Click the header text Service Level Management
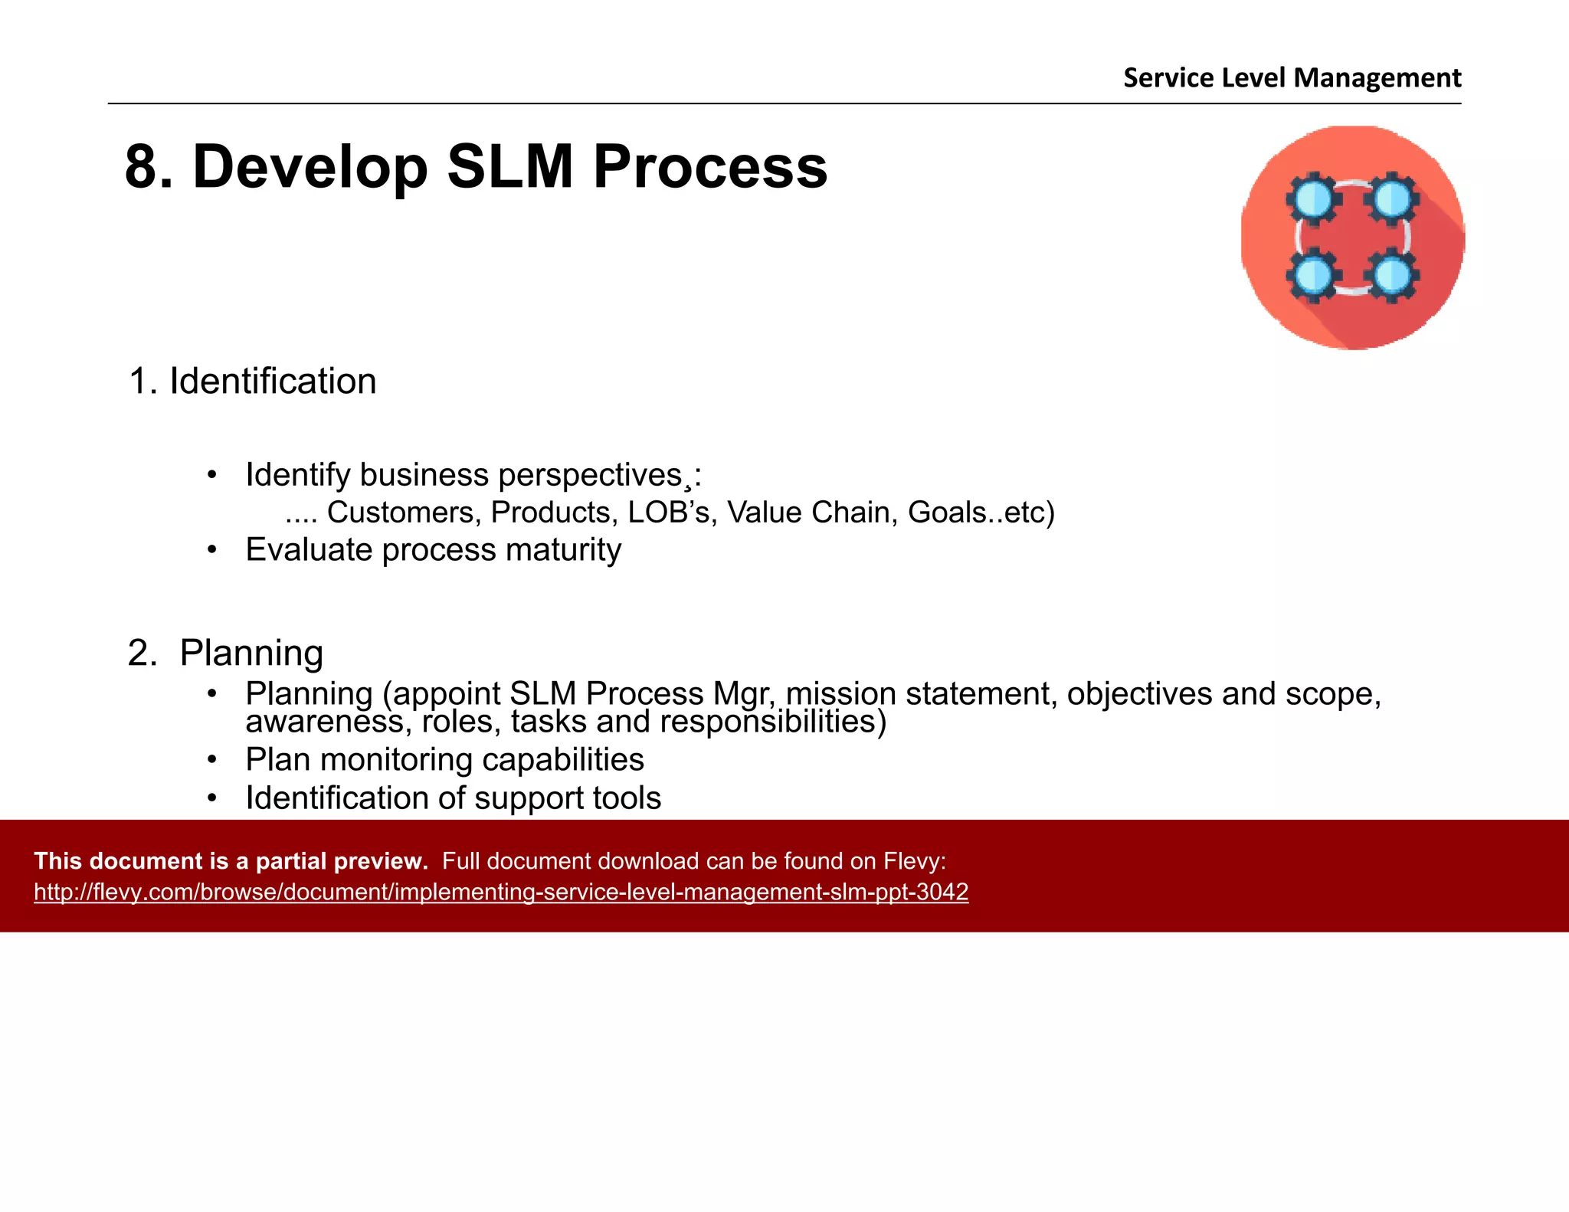pos(1292,78)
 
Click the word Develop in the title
pos(310,167)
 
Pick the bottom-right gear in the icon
pos(1392,277)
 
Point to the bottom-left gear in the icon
pos(1313,277)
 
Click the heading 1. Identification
pos(253,382)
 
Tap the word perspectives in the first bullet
pos(590,476)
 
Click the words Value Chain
pos(812,513)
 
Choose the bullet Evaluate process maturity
pos(433,550)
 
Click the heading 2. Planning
pos(226,653)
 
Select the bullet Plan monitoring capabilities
pos(444,760)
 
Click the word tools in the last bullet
pos(626,798)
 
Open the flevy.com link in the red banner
pos(501,893)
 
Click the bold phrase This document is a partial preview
pos(231,861)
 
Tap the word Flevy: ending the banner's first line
pos(915,861)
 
